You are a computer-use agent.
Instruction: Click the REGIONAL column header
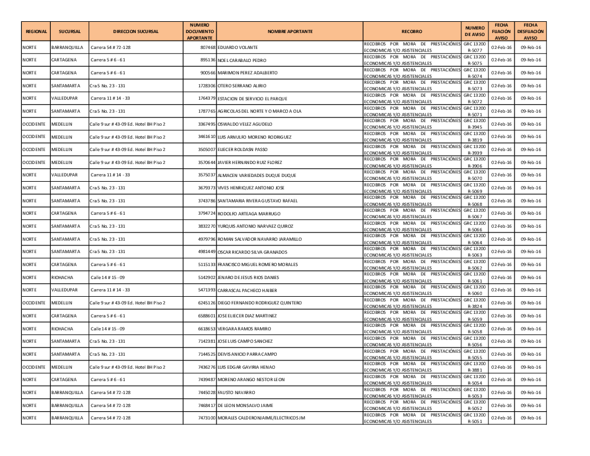(x=36, y=31)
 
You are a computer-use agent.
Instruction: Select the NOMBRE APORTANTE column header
(x=290, y=31)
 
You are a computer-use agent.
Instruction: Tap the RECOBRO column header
(x=411, y=31)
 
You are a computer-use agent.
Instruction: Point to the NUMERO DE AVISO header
(x=474, y=31)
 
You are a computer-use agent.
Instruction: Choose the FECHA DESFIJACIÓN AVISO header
(x=530, y=31)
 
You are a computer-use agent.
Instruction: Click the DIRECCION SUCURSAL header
(x=136, y=31)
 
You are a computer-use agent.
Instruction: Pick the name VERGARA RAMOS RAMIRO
(x=244, y=329)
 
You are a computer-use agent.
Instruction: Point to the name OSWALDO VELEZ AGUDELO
(x=245, y=124)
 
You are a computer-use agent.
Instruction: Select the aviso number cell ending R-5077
(x=474, y=47)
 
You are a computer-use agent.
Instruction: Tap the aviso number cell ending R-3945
(x=474, y=124)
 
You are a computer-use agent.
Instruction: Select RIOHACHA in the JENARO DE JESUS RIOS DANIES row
(x=63, y=277)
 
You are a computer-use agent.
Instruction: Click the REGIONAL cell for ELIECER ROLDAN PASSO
(x=34, y=150)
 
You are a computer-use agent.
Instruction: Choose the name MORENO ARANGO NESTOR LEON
(x=251, y=380)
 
